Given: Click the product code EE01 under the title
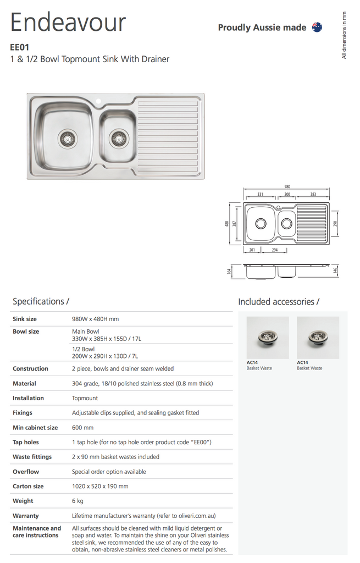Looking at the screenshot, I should [20, 47].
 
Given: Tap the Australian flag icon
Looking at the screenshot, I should [317, 27].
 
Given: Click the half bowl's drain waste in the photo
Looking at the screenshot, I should [118, 137].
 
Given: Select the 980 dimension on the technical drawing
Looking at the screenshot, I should [287, 187].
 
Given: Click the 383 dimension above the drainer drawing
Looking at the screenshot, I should [313, 194].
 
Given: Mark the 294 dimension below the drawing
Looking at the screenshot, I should [275, 250].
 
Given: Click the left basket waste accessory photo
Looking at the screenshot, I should [267, 337].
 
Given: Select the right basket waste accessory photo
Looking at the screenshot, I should [318, 337].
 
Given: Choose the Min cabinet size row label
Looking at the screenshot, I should [35, 427].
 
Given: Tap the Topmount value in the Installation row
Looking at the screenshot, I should [85, 398].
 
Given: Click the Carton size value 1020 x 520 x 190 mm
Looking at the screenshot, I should [100, 486].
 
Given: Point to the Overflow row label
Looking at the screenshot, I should [26, 471].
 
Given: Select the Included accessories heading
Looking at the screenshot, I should [278, 301].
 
